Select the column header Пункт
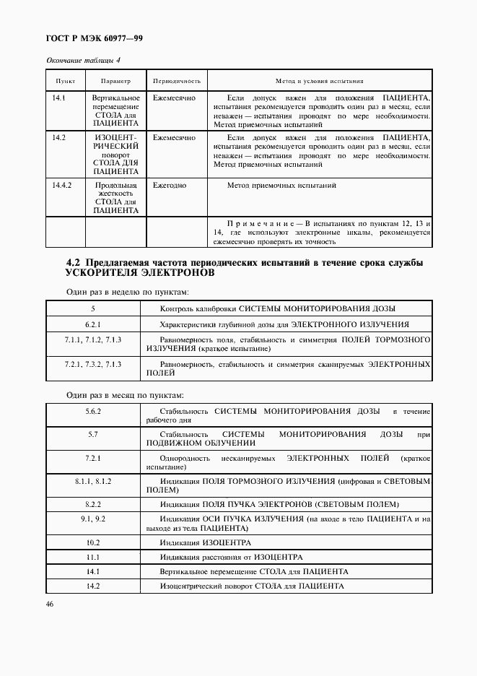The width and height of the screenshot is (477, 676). pos(66,82)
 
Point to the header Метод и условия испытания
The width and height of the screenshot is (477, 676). pos(319,82)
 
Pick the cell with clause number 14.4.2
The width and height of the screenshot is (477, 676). pos(62,186)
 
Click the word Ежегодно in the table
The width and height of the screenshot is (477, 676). pos(170,186)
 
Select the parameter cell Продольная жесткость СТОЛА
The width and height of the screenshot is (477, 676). pos(115,198)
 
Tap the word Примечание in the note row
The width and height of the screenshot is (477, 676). pos(258,222)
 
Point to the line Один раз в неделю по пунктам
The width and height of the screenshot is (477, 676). pos(118,291)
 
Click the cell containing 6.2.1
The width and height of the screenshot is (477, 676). pos(93,324)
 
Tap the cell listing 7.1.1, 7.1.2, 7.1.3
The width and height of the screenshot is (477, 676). pos(93,339)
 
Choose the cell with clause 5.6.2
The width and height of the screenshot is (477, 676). pos(93,411)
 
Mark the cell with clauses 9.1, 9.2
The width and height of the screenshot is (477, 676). pos(93,519)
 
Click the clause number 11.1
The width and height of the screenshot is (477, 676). pos(93,557)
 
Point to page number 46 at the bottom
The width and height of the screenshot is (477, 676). pos(51,604)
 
